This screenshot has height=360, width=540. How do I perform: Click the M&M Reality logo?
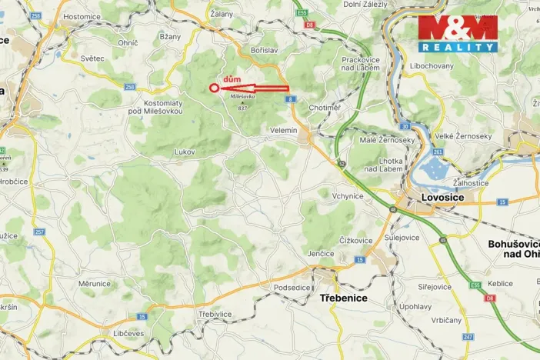458,34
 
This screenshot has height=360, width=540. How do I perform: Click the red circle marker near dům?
214,88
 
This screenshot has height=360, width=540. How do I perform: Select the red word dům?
230,78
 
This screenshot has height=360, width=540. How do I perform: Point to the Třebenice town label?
343,298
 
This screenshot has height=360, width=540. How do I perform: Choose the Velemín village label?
283,131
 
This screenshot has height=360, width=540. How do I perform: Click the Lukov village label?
185,152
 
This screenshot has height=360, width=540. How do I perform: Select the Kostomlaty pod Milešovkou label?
162,107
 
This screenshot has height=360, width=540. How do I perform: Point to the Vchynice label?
347,196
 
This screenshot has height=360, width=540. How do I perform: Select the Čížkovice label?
355,241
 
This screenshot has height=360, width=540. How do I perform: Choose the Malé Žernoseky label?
387,140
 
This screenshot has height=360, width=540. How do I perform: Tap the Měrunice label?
95,284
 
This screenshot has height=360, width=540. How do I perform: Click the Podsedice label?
269,288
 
